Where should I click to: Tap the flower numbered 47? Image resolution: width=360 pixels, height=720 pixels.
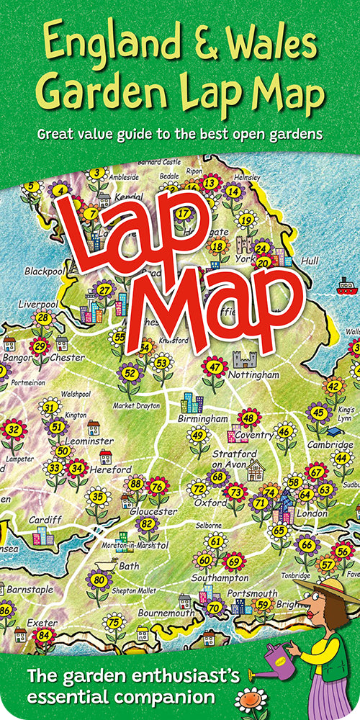tap(215, 367)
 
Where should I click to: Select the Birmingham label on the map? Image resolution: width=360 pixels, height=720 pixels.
tap(204, 418)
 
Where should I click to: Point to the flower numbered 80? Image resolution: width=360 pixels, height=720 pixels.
tap(99, 580)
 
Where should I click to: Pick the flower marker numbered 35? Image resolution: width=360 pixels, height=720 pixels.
tap(98, 497)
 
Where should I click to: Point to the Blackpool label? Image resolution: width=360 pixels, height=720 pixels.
tap(45, 271)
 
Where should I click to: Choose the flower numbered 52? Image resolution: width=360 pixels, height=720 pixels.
tap(130, 373)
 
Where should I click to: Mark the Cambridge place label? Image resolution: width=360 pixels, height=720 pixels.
tap(330, 445)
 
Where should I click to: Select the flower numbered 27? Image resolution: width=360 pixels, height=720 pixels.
tap(105, 290)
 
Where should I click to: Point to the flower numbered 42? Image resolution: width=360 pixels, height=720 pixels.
tap(333, 386)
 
